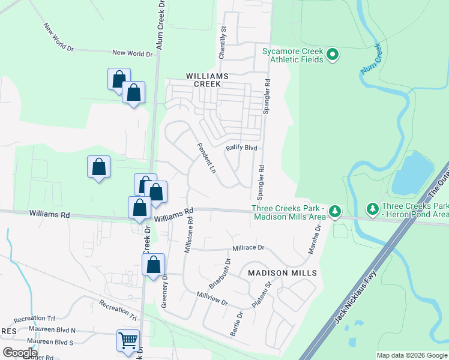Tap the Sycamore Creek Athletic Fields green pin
point(333,56)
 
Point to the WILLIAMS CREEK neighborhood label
point(208,80)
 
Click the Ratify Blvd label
point(241,148)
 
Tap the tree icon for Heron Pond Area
point(373,209)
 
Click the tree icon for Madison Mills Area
point(334,211)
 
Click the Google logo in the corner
point(20,352)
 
